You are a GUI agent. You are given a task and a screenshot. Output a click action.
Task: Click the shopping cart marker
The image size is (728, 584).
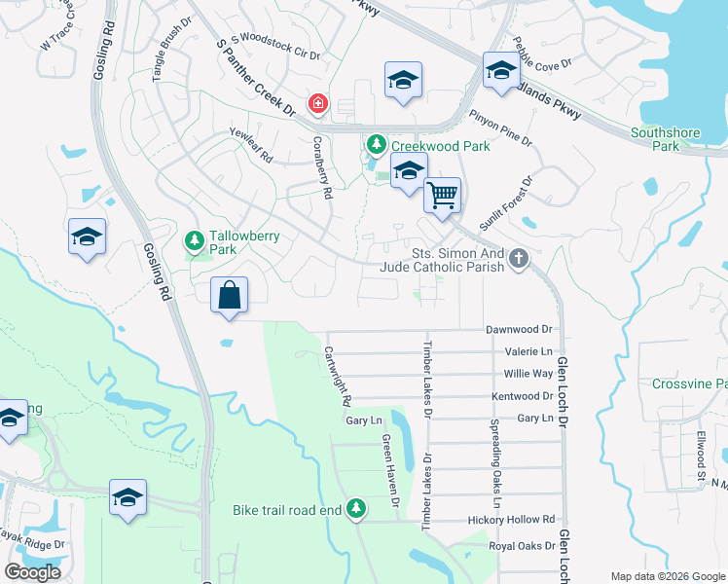(x=443, y=196)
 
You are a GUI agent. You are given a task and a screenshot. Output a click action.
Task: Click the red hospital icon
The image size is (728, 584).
(x=317, y=103)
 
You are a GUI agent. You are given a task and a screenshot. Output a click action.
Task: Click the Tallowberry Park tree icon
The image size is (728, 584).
(x=195, y=239)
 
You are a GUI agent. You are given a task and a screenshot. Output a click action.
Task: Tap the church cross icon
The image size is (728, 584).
(x=519, y=259)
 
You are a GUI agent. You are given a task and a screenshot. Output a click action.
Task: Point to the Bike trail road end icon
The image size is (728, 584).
(x=357, y=509)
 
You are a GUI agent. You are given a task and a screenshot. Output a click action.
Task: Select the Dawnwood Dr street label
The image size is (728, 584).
(x=519, y=330)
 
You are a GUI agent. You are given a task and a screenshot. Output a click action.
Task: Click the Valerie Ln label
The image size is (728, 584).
(x=528, y=351)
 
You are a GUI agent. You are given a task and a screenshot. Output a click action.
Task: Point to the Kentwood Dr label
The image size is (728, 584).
(x=522, y=396)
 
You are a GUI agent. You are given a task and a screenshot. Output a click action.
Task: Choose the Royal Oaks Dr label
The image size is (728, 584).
(x=522, y=545)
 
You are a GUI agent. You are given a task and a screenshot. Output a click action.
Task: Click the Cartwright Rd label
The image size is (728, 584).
(x=337, y=376)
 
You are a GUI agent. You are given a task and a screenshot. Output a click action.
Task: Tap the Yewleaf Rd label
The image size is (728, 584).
(x=250, y=146)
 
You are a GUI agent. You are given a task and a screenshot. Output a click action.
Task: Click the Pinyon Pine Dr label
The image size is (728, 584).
(x=500, y=128)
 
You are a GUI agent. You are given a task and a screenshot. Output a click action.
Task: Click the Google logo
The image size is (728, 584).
(x=32, y=572)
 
